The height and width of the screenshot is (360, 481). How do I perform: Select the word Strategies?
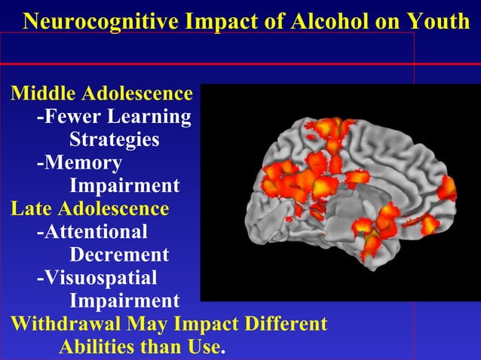click(x=114, y=140)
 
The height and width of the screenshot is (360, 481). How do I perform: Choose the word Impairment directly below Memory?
click(x=124, y=186)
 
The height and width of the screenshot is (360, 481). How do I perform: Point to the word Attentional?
click(x=95, y=232)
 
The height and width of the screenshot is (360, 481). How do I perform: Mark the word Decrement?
click(x=118, y=255)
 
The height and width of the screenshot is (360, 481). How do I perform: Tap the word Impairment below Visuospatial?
click(x=124, y=301)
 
